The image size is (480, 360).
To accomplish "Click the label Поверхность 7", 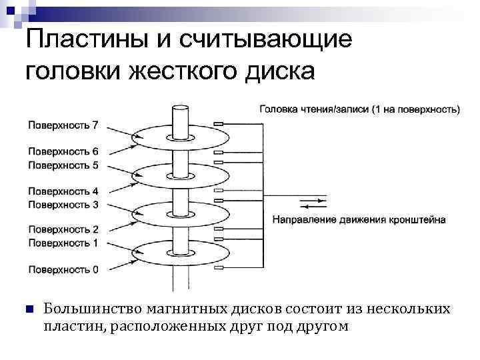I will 63,125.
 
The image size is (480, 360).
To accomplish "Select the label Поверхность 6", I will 63,151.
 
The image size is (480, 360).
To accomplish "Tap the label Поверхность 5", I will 63,164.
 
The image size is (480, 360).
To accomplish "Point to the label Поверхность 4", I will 63,191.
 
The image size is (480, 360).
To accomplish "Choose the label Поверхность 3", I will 63,204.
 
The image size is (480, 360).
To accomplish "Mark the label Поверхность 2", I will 63,230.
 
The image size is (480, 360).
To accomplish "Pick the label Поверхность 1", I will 63,243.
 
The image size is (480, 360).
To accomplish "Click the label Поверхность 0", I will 63,270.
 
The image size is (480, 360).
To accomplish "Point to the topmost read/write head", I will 218,124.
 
